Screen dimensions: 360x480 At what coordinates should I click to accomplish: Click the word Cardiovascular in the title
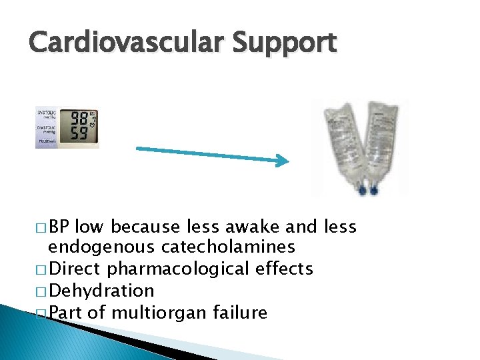[127, 43]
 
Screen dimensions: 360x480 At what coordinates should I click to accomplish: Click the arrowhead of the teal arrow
[282, 160]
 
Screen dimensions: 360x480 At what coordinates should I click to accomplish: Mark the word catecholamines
[227, 247]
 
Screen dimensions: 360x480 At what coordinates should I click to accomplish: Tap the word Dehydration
[101, 291]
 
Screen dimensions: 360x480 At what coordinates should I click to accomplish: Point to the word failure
[237, 312]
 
